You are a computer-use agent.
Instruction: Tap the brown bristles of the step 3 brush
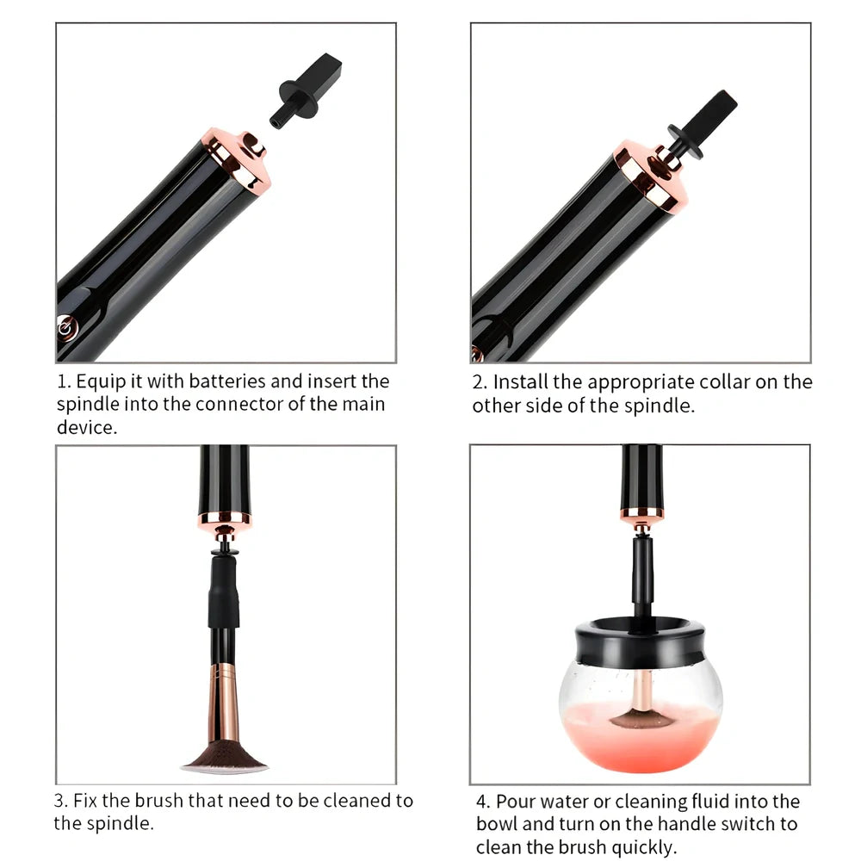coord(225,757)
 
